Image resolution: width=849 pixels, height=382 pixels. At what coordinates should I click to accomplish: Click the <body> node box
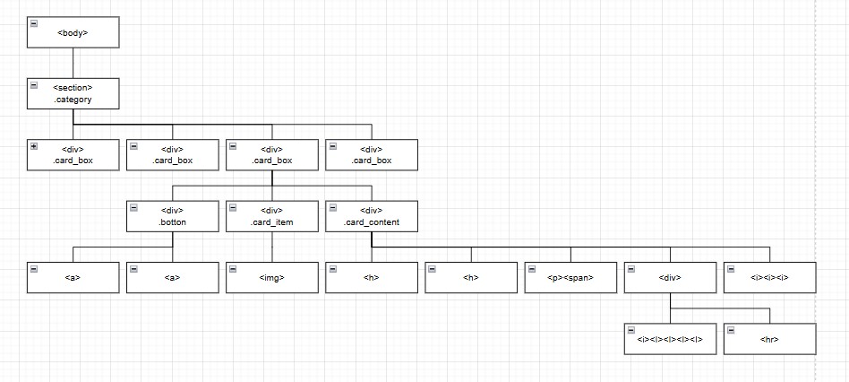(x=73, y=32)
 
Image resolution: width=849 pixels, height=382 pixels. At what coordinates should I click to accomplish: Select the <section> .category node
(x=73, y=93)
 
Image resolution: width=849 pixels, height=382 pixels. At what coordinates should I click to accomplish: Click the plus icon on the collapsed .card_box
(x=34, y=146)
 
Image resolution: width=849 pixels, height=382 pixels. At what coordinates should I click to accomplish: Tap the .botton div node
(x=172, y=216)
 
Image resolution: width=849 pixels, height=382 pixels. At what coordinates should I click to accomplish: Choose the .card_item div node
(x=271, y=216)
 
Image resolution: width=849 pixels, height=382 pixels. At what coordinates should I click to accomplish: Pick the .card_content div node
(x=371, y=216)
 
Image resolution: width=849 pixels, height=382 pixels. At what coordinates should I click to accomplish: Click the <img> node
(x=271, y=277)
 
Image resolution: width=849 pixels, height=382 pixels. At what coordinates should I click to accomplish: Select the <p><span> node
(x=570, y=277)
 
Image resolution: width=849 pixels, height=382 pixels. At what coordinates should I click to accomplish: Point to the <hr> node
(x=769, y=339)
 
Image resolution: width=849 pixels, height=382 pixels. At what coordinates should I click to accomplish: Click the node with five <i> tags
(x=670, y=339)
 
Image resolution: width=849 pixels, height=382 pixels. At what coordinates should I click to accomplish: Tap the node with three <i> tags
(x=769, y=277)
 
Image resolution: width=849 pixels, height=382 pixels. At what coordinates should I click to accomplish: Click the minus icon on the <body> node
(x=34, y=23)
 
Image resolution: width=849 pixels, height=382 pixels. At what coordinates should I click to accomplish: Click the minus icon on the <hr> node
(x=731, y=330)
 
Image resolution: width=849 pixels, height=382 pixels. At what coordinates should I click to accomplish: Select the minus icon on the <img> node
(x=233, y=268)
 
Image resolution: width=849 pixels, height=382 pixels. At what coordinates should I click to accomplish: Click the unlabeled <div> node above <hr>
(x=670, y=277)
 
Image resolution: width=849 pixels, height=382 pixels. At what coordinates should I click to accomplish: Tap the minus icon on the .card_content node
(x=332, y=207)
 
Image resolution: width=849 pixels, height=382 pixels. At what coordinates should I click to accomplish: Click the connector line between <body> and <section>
(x=73, y=63)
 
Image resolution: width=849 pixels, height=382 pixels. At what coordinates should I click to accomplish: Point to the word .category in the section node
(x=73, y=100)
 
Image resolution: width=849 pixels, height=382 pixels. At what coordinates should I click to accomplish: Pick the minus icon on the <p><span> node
(x=531, y=268)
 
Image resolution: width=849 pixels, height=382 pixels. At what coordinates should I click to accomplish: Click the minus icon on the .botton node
(x=133, y=207)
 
